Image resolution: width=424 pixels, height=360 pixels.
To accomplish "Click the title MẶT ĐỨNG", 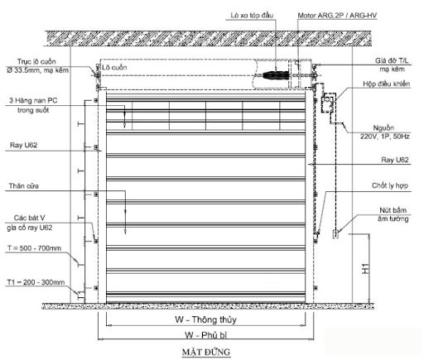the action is [206, 352].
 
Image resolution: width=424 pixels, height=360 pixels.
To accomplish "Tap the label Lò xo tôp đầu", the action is [252, 15].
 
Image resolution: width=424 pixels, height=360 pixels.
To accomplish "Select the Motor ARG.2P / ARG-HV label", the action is [337, 16].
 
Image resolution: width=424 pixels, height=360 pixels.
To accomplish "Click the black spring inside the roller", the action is [275, 75].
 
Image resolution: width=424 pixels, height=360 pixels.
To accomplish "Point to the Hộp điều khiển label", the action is [386, 84].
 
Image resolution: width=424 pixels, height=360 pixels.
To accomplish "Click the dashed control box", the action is [329, 103].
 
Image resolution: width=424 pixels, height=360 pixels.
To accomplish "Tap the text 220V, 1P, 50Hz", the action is [385, 137].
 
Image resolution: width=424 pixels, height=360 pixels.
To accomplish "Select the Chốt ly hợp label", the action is [390, 185].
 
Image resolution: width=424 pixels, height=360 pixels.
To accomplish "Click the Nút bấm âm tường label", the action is [393, 214].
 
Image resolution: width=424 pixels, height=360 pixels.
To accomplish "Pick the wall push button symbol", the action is [335, 234].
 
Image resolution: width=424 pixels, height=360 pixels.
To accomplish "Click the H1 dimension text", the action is [365, 268].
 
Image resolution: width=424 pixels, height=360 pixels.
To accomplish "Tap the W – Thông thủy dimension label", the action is [205, 319].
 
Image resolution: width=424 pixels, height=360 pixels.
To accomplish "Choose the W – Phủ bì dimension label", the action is [206, 335].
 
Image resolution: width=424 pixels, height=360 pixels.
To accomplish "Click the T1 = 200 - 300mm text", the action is [36, 282].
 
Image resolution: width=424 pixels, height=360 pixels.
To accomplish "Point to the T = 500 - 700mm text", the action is [34, 248].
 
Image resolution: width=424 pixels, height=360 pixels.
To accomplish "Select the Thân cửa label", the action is [24, 186].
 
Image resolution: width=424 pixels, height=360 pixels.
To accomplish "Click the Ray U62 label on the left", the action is [23, 145].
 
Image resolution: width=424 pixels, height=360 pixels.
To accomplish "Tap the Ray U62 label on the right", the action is [395, 160].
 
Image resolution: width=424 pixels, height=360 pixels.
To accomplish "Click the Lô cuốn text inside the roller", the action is [114, 67].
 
